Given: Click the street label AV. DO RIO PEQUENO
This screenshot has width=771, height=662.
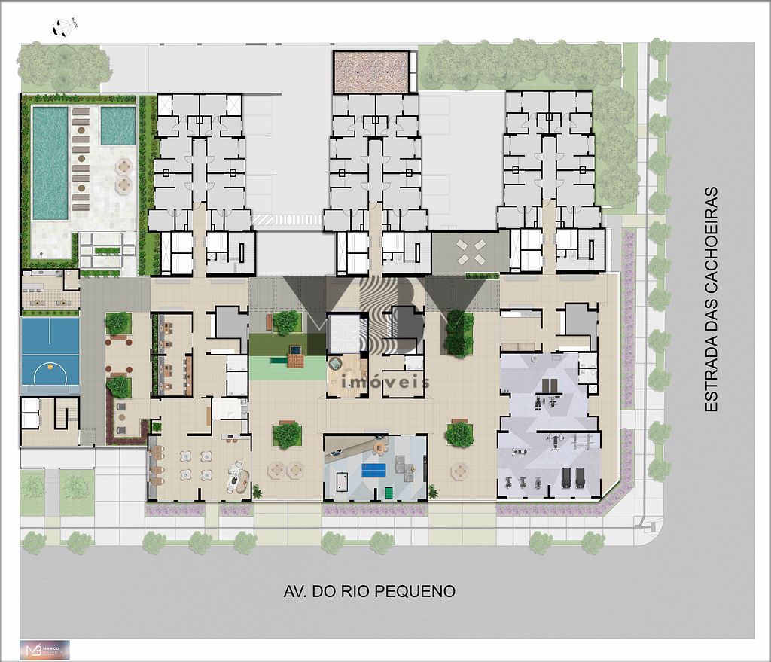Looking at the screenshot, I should [369, 591].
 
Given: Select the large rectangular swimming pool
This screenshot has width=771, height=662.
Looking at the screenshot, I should [50, 163].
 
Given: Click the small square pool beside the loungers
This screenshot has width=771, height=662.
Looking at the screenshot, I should [117, 125].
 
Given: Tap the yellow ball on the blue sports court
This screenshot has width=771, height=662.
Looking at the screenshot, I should [50, 366].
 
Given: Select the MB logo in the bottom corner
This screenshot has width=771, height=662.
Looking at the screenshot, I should [44, 650].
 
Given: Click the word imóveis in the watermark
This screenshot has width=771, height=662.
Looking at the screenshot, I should [385, 383].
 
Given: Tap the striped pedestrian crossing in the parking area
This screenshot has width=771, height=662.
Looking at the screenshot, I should [286, 219].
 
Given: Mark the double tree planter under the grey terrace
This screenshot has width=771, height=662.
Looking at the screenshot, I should [459, 332].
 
